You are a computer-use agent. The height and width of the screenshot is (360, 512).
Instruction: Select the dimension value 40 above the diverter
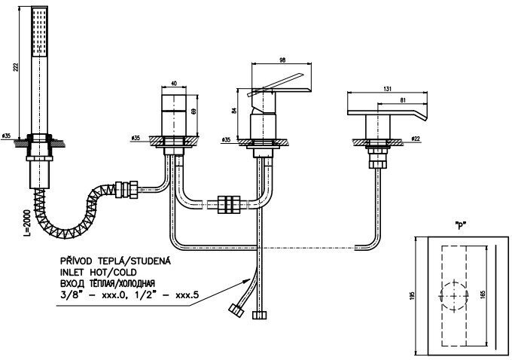click(174, 84)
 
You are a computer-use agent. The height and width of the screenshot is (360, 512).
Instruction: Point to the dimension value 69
click(194, 111)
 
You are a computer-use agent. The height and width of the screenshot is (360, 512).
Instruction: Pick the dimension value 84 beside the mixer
click(234, 111)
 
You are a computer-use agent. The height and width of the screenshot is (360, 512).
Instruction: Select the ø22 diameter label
click(416, 139)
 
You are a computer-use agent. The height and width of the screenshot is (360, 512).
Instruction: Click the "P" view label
click(460, 225)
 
